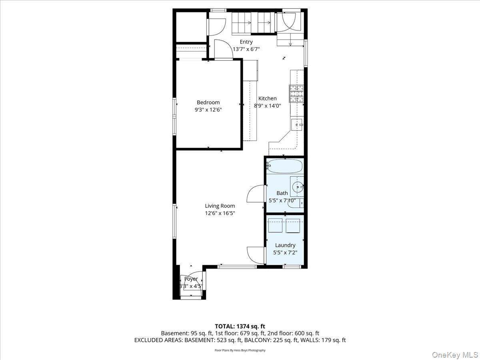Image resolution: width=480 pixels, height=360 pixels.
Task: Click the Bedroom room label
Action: click(208, 102)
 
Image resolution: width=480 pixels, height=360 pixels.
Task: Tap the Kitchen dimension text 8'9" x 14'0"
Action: click(267, 106)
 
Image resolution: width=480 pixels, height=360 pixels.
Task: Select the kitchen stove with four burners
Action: click(296, 94)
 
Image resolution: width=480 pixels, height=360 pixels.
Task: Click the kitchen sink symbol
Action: click(297, 125)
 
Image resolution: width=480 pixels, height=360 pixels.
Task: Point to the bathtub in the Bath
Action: click(285, 166)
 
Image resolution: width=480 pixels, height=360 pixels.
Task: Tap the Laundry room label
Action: click(285, 245)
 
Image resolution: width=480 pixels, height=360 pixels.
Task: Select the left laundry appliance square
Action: click(276, 226)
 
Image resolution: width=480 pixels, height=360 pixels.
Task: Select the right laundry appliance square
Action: click(293, 226)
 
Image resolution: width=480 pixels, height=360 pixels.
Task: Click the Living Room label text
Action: click(220, 206)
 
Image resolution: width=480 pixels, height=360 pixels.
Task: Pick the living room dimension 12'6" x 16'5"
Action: click(220, 213)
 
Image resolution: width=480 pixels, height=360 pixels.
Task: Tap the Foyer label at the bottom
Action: click(191, 279)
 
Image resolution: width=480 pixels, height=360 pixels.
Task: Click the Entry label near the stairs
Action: click(246, 42)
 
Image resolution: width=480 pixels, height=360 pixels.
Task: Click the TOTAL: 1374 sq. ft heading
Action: click(240, 326)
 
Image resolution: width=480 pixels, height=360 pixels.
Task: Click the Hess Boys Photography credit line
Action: click(240, 350)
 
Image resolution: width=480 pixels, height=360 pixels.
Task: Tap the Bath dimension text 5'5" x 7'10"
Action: click(282, 200)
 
